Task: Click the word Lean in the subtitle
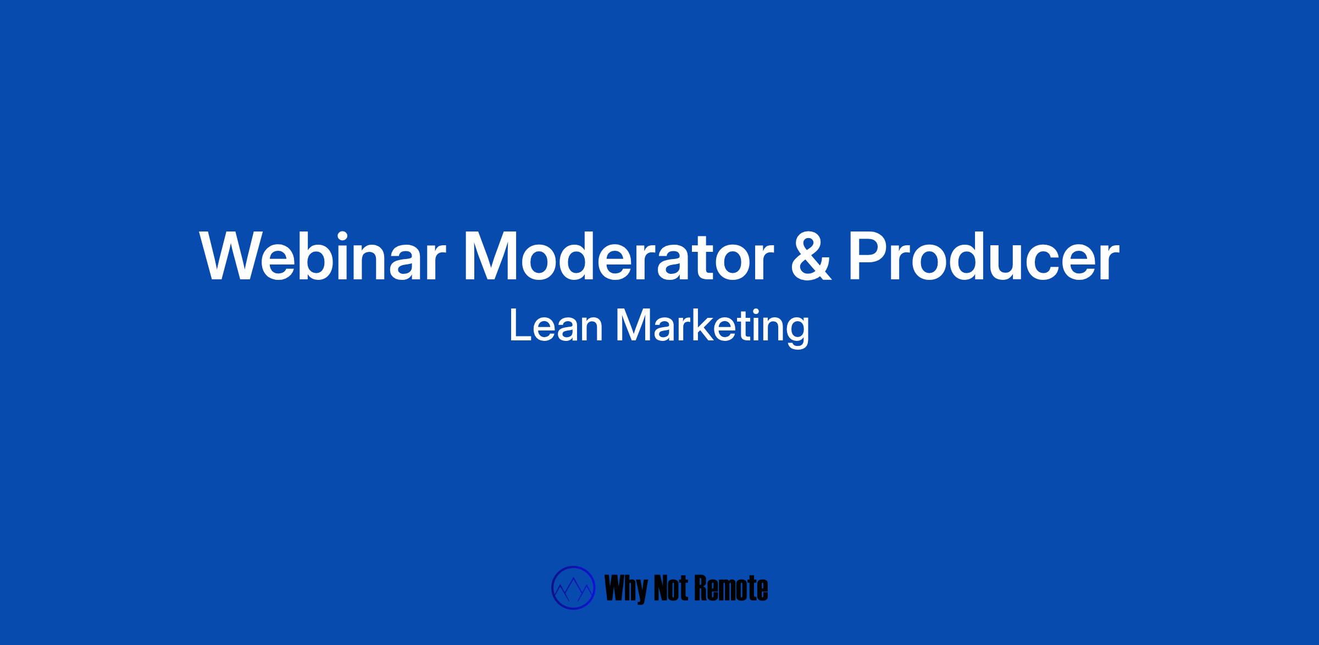556,326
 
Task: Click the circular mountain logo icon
573,588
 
